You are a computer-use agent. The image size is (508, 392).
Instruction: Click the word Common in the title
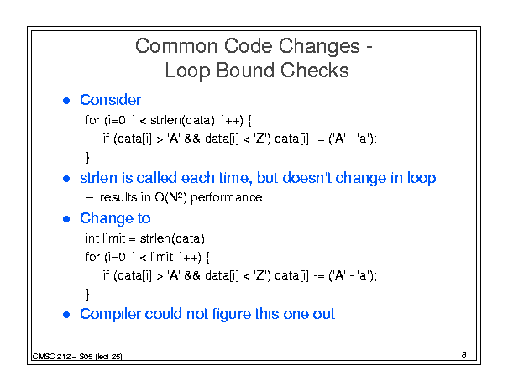pos(176,46)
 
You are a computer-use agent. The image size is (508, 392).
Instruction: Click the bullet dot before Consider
pos(66,101)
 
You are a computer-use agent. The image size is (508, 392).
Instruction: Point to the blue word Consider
pos(111,100)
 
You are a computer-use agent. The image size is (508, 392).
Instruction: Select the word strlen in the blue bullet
pos(99,178)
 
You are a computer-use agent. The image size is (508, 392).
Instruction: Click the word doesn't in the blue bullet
pos(307,178)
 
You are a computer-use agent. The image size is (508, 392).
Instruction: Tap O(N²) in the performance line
pos(170,197)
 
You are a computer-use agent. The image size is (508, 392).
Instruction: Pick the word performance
pos(227,197)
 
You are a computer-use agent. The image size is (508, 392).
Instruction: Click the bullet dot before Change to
pos(66,219)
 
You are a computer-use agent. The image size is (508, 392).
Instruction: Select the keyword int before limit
pos(92,238)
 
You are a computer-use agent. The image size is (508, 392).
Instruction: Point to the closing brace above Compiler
pos(87,294)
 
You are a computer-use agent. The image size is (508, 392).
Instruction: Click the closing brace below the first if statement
pos(87,158)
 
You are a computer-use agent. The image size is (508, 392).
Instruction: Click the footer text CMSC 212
pos(51,357)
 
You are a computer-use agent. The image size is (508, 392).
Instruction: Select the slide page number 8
pos(464,355)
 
